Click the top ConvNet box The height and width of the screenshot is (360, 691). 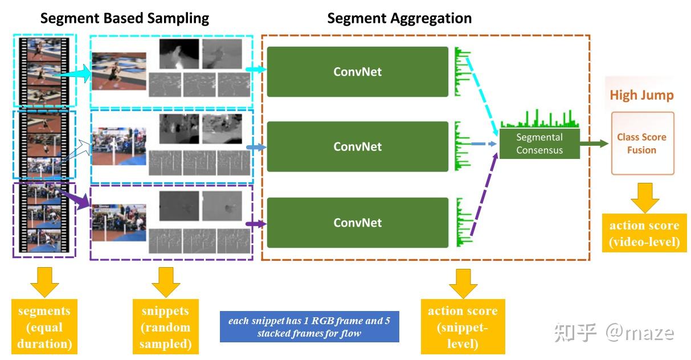(x=357, y=72)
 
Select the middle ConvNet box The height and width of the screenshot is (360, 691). (x=357, y=146)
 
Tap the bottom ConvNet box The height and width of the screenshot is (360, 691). (x=357, y=222)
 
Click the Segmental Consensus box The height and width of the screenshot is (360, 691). (x=539, y=144)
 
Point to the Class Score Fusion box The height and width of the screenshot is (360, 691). (x=642, y=144)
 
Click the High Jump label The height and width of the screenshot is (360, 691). (x=641, y=95)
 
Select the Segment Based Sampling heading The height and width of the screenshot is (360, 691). (x=124, y=18)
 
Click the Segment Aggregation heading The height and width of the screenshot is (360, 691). (x=399, y=18)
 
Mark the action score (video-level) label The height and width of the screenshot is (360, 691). (x=644, y=234)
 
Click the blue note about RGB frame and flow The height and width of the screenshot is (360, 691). (x=309, y=327)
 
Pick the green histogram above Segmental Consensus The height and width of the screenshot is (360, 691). (x=539, y=119)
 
